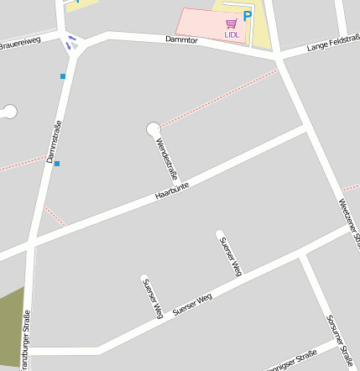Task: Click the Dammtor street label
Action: click(x=180, y=39)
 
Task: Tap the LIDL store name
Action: click(x=232, y=34)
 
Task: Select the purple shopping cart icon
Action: click(x=232, y=24)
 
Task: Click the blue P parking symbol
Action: click(x=247, y=16)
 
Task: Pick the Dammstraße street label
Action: click(x=55, y=141)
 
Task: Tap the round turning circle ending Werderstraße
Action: click(x=153, y=128)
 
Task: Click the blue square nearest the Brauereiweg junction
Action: click(x=62, y=76)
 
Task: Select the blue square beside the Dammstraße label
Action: click(x=57, y=164)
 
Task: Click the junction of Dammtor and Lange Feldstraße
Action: click(x=278, y=56)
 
